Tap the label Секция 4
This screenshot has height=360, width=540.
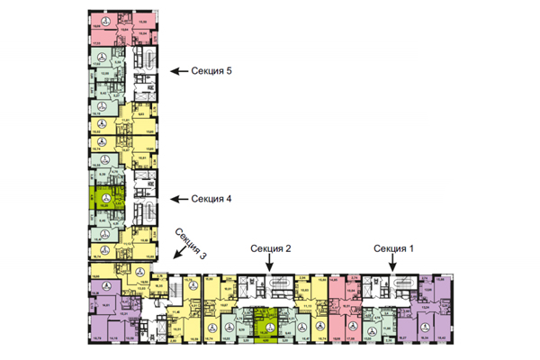[x=212, y=199]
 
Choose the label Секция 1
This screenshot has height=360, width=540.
[x=394, y=247]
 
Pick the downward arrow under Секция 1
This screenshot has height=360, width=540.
[x=394, y=264]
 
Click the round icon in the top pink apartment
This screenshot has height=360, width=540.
[x=108, y=21]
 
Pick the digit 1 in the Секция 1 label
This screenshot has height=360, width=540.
[x=413, y=247]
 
